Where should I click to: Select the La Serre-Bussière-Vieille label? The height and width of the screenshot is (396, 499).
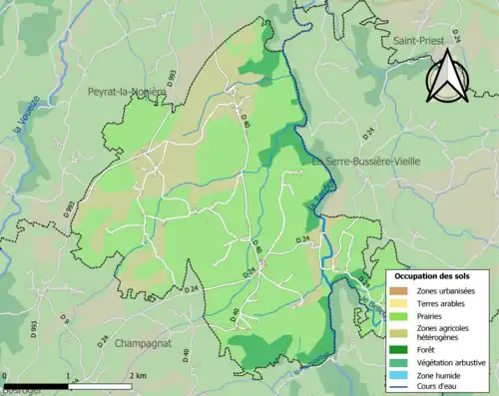pyautogui.click(x=379, y=161)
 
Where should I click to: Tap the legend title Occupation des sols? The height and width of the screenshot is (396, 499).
pyautogui.click(x=436, y=274)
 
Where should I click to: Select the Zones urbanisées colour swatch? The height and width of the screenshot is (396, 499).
pyautogui.click(x=397, y=289)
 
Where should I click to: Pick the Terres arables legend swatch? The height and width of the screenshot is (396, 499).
pyautogui.click(x=397, y=302)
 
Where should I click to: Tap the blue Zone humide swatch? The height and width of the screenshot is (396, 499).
pyautogui.click(x=397, y=375)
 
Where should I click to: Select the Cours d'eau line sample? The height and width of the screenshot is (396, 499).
pyautogui.click(x=397, y=387)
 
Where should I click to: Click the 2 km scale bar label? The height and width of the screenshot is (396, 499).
pyautogui.click(x=139, y=376)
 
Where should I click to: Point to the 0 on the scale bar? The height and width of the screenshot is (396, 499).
pyautogui.click(x=5, y=376)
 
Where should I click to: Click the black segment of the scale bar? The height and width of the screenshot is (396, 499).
pyautogui.click(x=36, y=385)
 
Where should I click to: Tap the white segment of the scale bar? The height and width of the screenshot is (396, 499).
pyautogui.click(x=100, y=385)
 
